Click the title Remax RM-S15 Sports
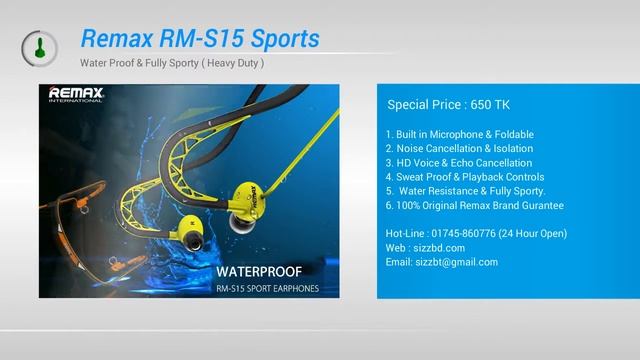199,38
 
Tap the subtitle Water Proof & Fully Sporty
172,64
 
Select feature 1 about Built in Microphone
459,134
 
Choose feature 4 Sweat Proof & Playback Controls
465,177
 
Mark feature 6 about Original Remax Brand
474,205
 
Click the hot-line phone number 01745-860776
471,234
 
